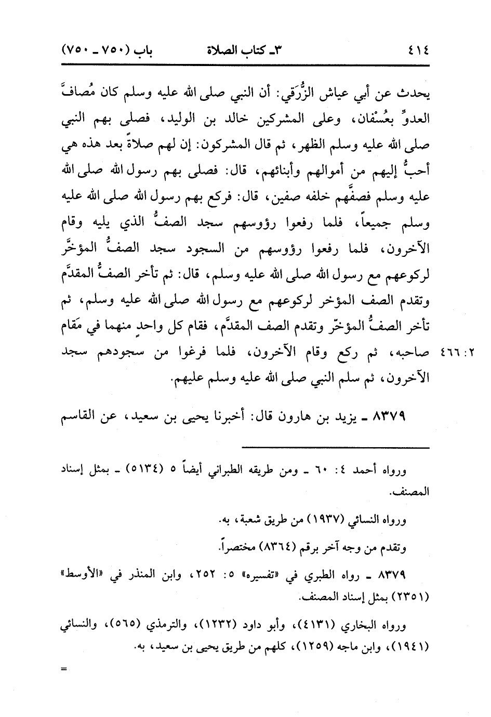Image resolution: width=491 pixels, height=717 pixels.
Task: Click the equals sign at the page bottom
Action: (64, 669)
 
